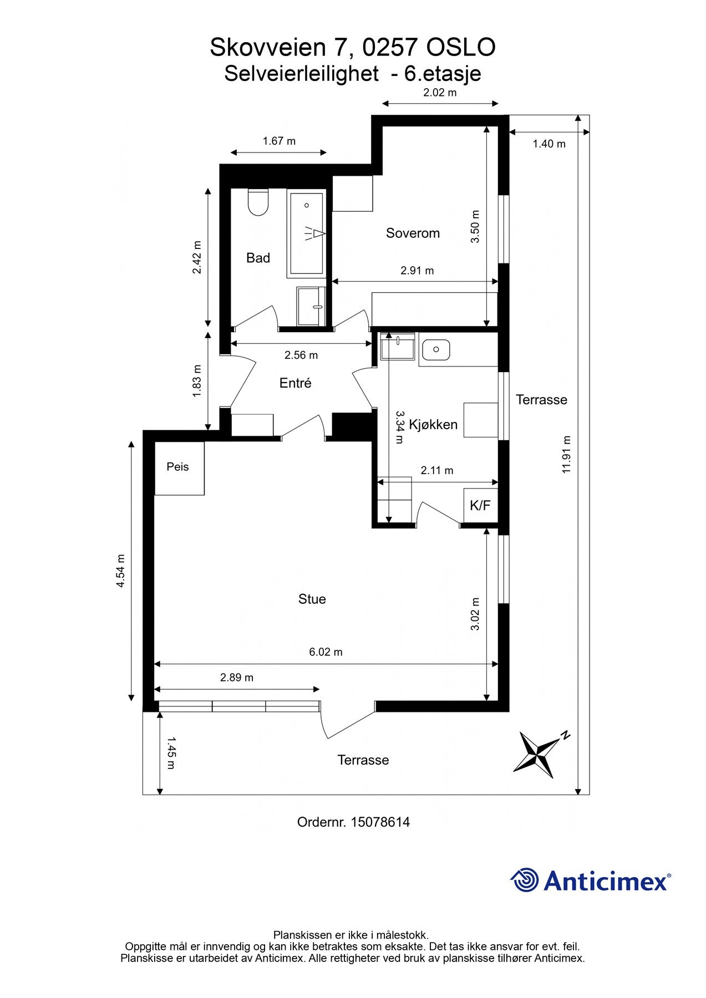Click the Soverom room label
pos(413,233)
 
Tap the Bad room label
pos(258,258)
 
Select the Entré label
pos(296,383)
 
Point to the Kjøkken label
pos(433,425)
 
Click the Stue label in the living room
pos(312,599)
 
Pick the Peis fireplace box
pos(179,468)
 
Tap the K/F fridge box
pos(480,505)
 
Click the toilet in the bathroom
pos(258,202)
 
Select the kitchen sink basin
pos(436,349)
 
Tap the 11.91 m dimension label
pos(566,455)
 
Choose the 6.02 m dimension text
pos(326,652)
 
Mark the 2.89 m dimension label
pos(237,678)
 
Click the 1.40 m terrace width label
pos(549,144)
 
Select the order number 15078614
pos(380,822)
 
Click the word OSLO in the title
pos(460,48)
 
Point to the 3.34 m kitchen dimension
pos(400,427)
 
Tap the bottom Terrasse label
pos(363,760)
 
